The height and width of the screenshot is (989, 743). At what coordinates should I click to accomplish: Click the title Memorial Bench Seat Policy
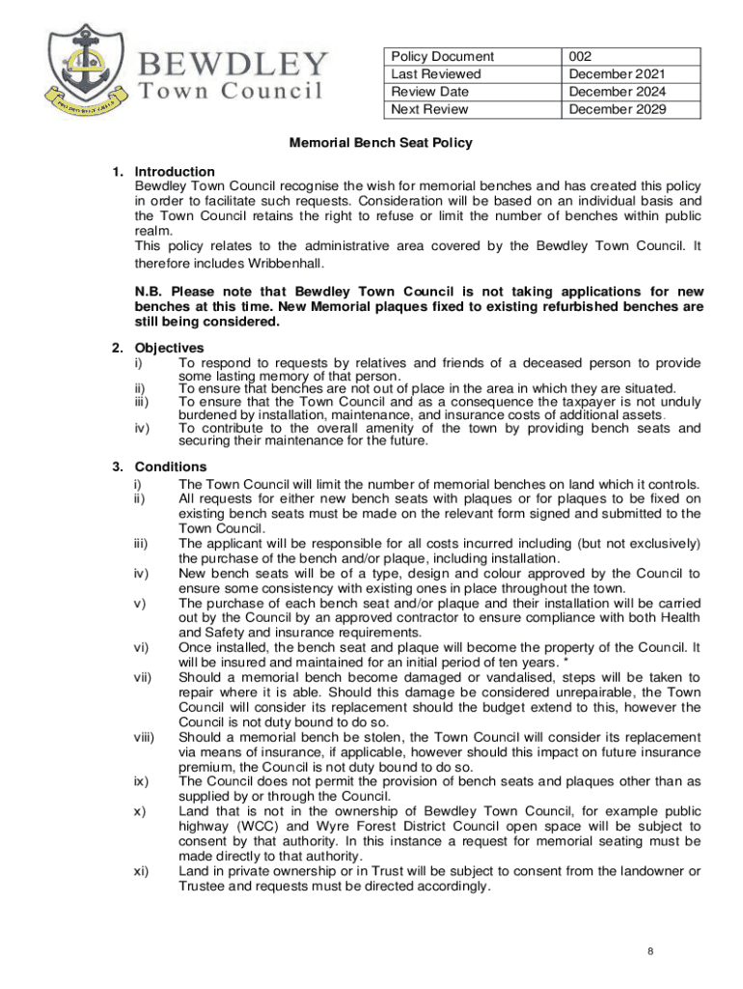pyautogui.click(x=381, y=143)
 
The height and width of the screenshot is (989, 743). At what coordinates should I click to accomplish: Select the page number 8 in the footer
pyautogui.click(x=651, y=951)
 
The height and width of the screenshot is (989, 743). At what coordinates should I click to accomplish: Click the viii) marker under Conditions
pyautogui.click(x=144, y=738)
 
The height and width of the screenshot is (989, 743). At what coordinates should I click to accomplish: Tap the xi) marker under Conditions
pyautogui.click(x=141, y=871)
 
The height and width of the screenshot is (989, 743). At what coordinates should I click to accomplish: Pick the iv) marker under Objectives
pyautogui.click(x=141, y=428)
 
